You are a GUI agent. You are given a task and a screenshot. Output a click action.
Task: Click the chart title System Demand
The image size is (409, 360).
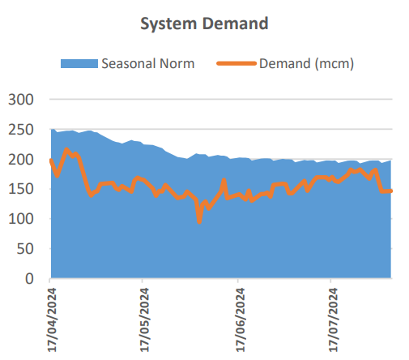tap(203, 24)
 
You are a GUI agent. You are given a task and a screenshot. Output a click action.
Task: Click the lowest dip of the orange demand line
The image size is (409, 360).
tap(199, 221)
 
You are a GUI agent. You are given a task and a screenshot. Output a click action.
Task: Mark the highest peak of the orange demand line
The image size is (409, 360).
tap(66, 150)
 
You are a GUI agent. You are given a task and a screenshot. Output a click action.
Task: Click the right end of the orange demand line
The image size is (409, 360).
tap(391, 191)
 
